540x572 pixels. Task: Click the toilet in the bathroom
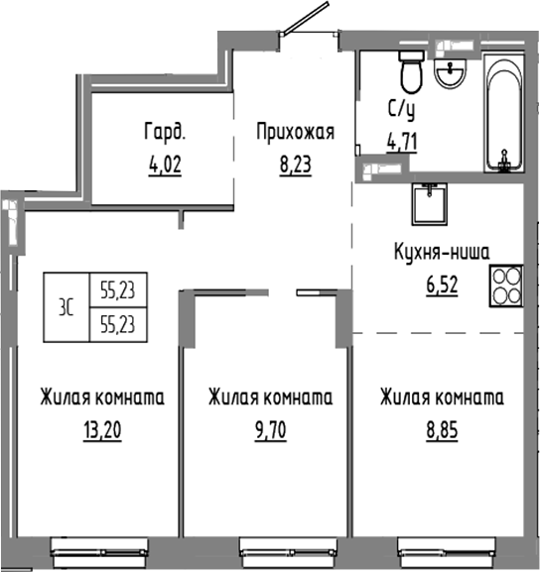click(409, 72)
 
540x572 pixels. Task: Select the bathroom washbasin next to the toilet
click(452, 74)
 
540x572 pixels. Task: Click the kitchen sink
click(429, 204)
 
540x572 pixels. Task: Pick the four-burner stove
click(507, 286)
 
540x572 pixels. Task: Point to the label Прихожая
click(294, 131)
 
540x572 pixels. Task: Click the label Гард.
click(165, 130)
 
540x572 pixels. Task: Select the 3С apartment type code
click(66, 306)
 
